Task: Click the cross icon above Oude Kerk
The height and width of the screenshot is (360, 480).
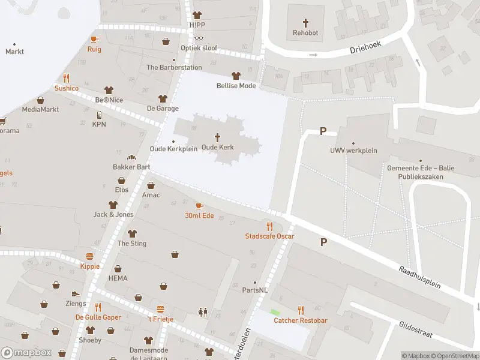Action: (217, 137)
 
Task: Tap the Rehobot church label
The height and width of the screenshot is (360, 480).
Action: (305, 34)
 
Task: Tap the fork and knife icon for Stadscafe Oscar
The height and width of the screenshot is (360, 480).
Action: (269, 226)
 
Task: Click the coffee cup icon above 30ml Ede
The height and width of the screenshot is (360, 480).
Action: (199, 206)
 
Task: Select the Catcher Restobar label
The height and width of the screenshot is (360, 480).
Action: (301, 320)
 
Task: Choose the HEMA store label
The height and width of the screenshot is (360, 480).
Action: (118, 278)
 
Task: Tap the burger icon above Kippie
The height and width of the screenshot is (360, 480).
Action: (90, 256)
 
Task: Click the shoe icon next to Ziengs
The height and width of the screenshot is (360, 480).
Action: (76, 294)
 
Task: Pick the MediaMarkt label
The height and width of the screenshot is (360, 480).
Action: (40, 109)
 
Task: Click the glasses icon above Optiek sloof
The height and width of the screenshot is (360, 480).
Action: (199, 37)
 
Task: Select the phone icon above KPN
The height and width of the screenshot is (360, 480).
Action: (99, 115)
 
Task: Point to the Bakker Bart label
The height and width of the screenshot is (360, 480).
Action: (131, 167)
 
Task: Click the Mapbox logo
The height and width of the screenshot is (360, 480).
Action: (26, 352)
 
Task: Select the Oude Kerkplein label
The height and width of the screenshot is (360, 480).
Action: (173, 149)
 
